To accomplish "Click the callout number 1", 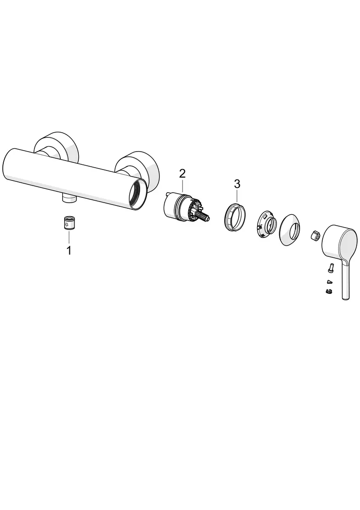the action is coord(69,251).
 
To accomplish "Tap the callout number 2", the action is coord(182,173).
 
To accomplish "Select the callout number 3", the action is coord(237,184).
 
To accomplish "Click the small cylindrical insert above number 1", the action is coord(68,223).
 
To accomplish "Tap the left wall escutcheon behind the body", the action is coord(56,147).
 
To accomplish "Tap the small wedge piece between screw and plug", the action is coord(329,281).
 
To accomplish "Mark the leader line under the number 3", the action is coord(238,195).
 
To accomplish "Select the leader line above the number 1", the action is coord(69,238).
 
